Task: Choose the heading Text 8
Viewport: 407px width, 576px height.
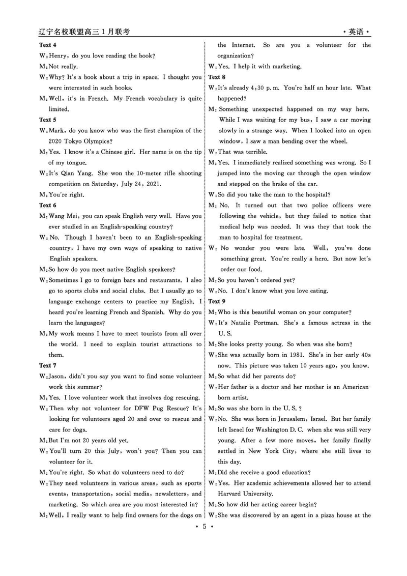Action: pyautogui.click(x=217, y=77)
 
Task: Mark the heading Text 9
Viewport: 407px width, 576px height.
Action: pyautogui.click(x=217, y=301)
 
